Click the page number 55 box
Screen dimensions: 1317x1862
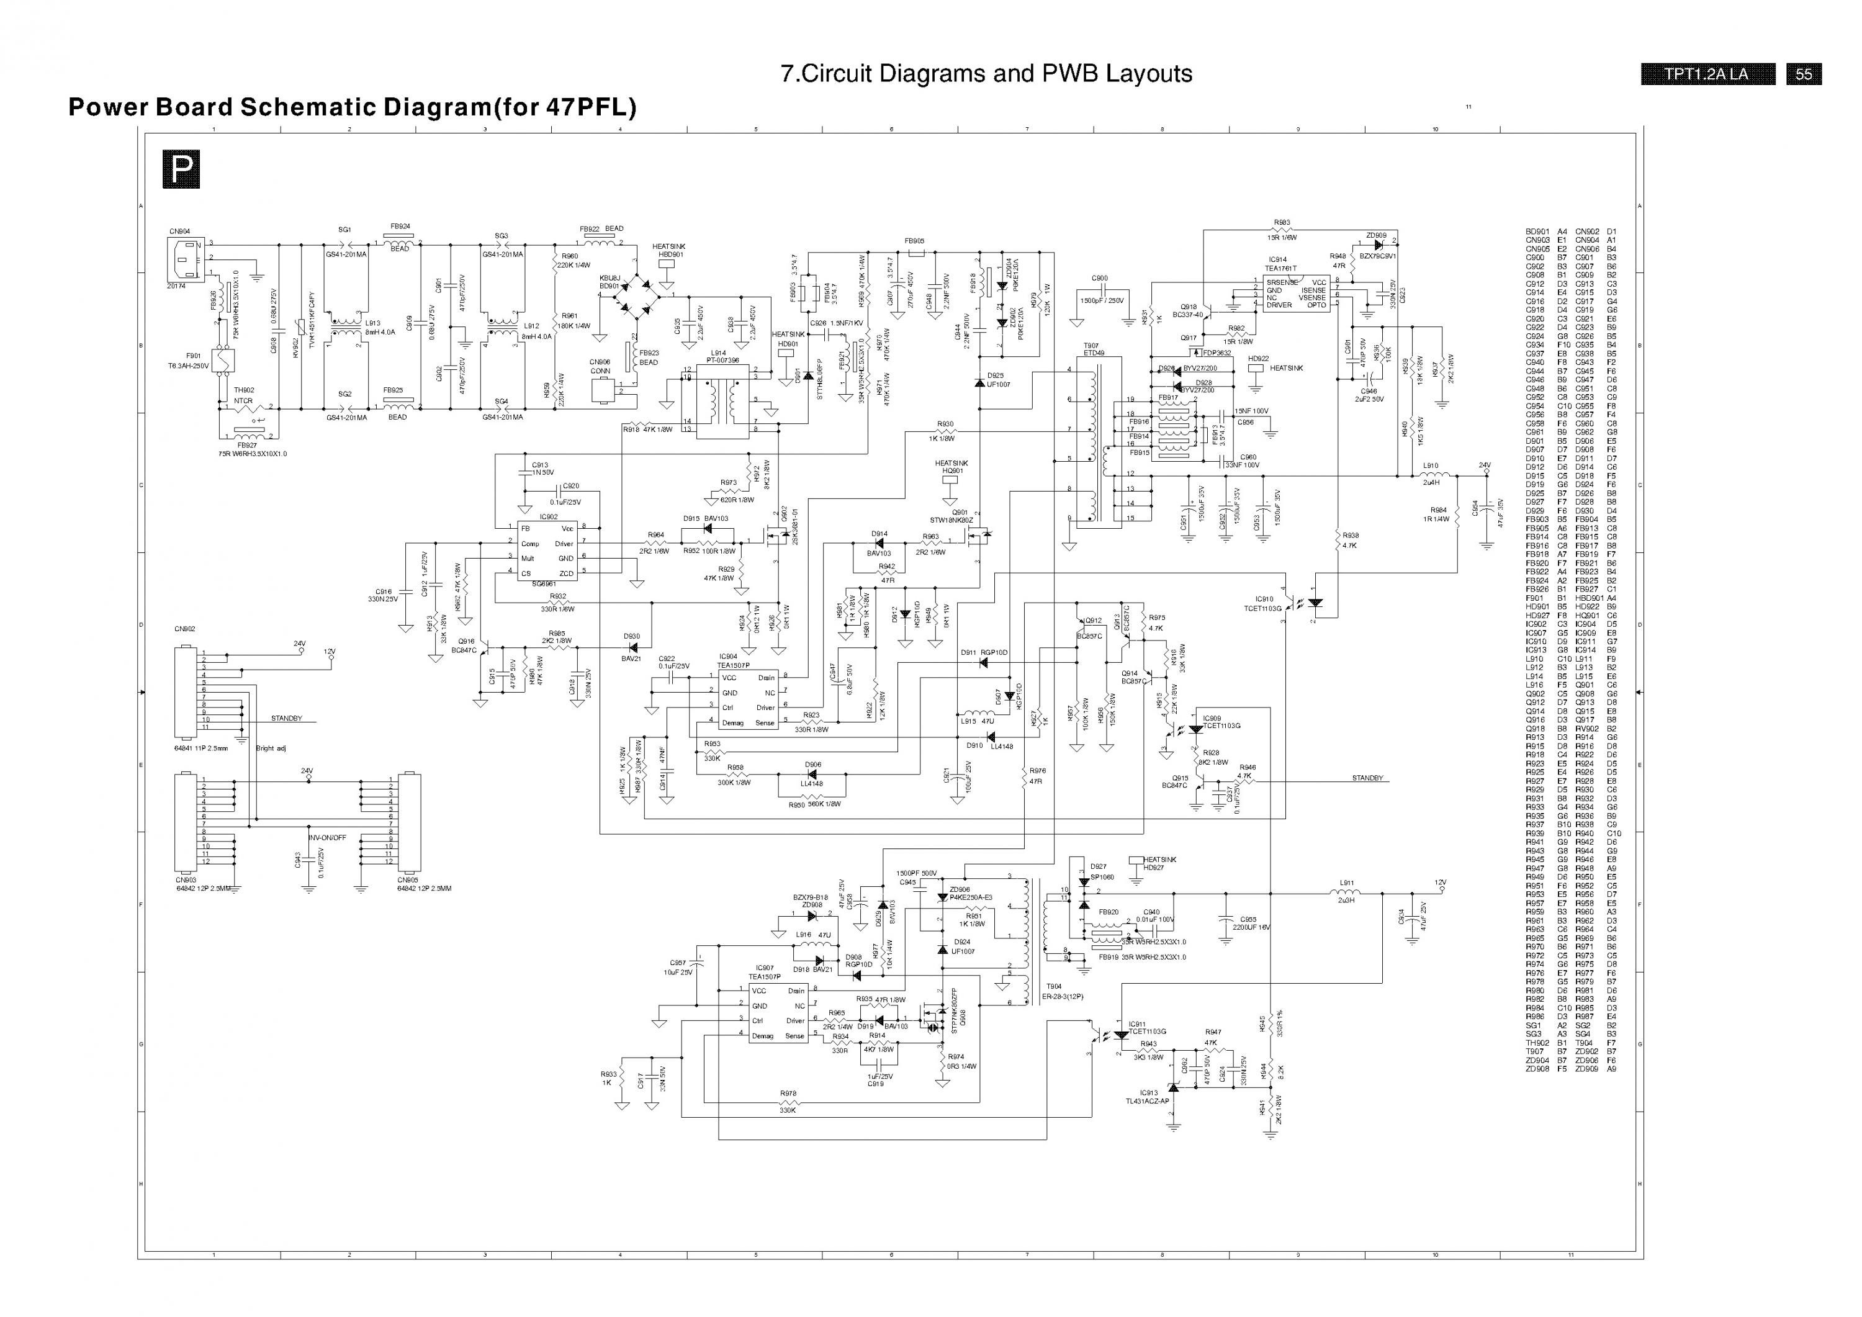pyautogui.click(x=1804, y=74)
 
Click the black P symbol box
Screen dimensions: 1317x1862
pyautogui.click(x=181, y=169)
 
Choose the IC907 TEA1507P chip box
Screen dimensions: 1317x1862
pyautogui.click(x=777, y=1013)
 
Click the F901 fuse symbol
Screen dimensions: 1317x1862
pyautogui.click(x=222, y=360)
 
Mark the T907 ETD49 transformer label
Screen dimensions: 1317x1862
pyautogui.click(x=1092, y=349)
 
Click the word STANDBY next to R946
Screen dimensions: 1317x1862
pyautogui.click(x=1367, y=778)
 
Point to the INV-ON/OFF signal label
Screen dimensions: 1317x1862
pyautogui.click(x=327, y=838)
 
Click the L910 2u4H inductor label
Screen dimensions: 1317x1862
pyautogui.click(x=1431, y=474)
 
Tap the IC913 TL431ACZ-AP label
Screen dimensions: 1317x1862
pyautogui.click(x=1148, y=1097)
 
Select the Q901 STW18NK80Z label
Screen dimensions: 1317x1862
pyautogui.click(x=951, y=516)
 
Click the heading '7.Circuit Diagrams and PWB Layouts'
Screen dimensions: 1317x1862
pyautogui.click(x=986, y=74)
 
